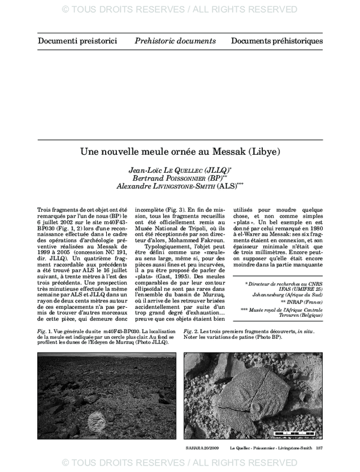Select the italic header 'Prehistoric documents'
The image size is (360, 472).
[x=175, y=41]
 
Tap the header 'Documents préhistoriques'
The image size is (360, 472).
[x=277, y=41]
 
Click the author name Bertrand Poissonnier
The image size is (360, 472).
[x=180, y=178]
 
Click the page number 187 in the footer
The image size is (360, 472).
[x=320, y=447]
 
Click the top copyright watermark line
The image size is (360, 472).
[x=180, y=9]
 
